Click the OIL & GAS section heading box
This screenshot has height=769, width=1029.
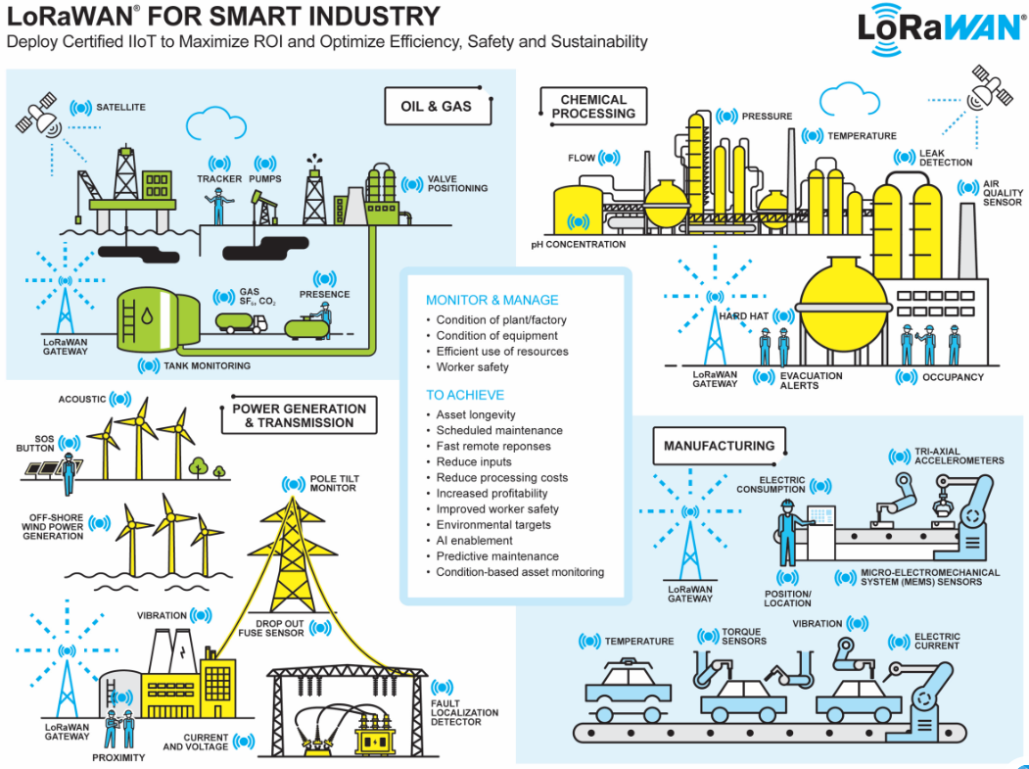click(x=436, y=106)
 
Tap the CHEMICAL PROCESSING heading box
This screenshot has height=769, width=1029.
click(x=593, y=106)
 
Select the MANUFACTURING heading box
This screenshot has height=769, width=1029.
click(x=719, y=446)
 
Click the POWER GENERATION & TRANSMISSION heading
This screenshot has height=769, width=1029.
click(x=299, y=415)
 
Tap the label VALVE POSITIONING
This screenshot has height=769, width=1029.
click(x=457, y=184)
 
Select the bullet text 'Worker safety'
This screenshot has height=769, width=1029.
click(x=472, y=367)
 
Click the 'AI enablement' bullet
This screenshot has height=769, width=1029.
click(x=474, y=540)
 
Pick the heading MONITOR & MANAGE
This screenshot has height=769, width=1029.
click(x=492, y=300)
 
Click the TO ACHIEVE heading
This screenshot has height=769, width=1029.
click(x=465, y=395)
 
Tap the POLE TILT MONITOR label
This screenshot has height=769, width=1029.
click(x=333, y=483)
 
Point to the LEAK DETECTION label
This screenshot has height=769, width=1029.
click(x=946, y=158)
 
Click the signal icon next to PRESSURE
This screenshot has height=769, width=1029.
click(x=725, y=117)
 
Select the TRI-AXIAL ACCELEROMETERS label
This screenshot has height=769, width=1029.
click(x=959, y=456)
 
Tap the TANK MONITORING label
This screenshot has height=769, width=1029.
click(x=207, y=365)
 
